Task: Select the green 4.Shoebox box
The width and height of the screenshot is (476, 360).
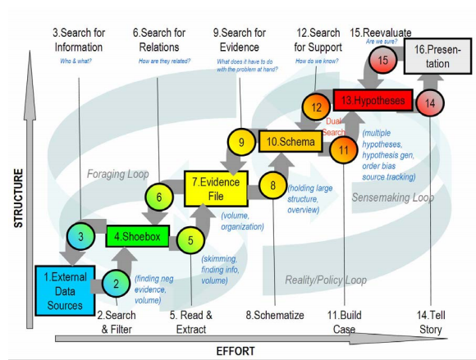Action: pos(137,236)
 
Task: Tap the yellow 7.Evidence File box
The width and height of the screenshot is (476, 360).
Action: pos(215,187)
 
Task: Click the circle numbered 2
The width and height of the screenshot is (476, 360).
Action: pos(117,284)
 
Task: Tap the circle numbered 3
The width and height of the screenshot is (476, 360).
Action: pos(80,237)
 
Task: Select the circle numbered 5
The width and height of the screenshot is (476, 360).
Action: pos(190,241)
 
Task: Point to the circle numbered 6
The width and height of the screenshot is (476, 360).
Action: pos(159,197)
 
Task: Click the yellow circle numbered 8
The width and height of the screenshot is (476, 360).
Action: pos(272,185)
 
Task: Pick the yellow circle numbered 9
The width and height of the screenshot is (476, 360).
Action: pos(241,143)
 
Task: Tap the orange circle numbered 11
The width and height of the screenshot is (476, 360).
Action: pos(343,148)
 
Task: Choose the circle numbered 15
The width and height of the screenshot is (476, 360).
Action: pos(382,60)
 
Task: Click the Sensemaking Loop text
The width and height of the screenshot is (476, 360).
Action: pos(391,198)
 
